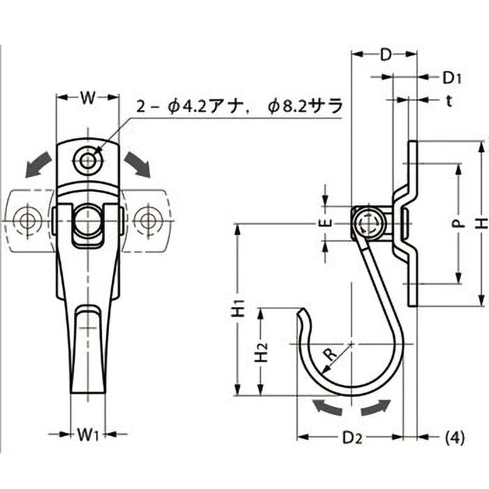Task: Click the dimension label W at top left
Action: [x=88, y=98]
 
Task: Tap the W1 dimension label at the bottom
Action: [x=88, y=435]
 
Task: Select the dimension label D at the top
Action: [x=385, y=54]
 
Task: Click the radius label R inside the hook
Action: [x=329, y=353]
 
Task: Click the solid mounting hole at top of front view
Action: [x=88, y=161]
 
